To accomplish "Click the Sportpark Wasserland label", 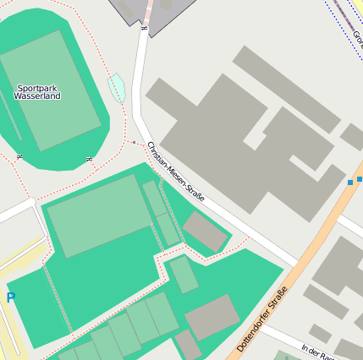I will [x=37, y=92].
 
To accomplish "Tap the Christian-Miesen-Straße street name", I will [x=176, y=172].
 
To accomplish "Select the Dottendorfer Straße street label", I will [x=262, y=319].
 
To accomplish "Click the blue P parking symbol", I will [x=10, y=297].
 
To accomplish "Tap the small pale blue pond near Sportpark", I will [x=117, y=87].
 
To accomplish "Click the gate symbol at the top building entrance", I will [x=143, y=28].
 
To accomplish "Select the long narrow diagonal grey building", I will [x=286, y=89].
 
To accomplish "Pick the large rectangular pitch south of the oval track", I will [x=100, y=215].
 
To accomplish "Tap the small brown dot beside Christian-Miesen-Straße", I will [x=133, y=143].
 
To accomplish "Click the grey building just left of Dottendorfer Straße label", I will [x=212, y=318].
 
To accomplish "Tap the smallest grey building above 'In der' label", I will [x=320, y=333].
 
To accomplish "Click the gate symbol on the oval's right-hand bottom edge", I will [x=88, y=159].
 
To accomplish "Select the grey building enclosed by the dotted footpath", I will [x=205, y=231].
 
